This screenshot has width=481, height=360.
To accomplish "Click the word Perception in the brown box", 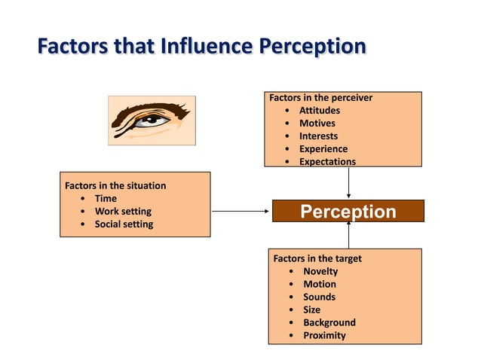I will pyautogui.click(x=348, y=212).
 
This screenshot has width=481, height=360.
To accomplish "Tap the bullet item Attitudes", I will pyautogui.click(x=319, y=111).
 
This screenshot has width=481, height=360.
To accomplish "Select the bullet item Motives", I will pyautogui.click(x=317, y=124).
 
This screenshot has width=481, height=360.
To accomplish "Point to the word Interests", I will pyautogui.click(x=318, y=136).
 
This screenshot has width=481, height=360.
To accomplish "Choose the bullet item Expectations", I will pyautogui.click(x=327, y=161).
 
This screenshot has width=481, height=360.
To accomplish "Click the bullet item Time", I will pyautogui.click(x=106, y=199).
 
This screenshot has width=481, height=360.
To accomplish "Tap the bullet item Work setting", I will pyautogui.click(x=122, y=212).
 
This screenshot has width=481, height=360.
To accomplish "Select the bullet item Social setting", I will pyautogui.click(x=124, y=224).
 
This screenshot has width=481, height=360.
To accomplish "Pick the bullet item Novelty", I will pyautogui.click(x=320, y=271).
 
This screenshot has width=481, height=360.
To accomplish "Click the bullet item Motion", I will pyautogui.click(x=320, y=284).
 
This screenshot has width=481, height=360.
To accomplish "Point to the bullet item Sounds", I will pyautogui.click(x=319, y=297).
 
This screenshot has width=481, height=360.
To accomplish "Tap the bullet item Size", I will pyautogui.click(x=311, y=310).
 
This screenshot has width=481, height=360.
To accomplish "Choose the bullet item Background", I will pyautogui.click(x=329, y=322).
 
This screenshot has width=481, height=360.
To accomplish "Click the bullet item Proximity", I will pyautogui.click(x=324, y=335).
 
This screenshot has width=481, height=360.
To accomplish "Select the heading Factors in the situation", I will pyautogui.click(x=115, y=185).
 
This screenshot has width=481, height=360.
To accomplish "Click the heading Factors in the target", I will pyautogui.click(x=317, y=258).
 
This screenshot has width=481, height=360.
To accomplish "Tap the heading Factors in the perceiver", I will pyautogui.click(x=320, y=98).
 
